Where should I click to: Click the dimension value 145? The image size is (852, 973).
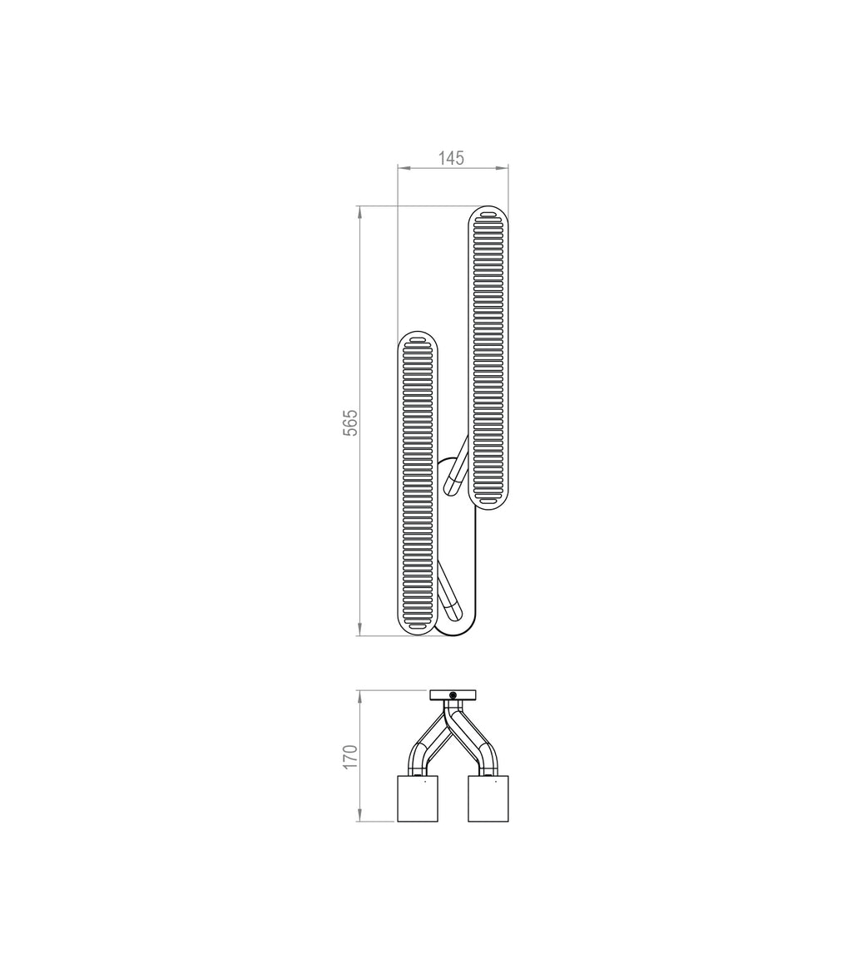click(x=451, y=158)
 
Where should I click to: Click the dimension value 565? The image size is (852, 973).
click(x=350, y=422)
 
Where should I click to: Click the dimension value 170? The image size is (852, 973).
click(x=350, y=756)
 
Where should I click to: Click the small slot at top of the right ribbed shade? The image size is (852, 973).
click(x=488, y=215)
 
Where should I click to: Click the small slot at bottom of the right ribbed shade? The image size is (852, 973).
click(x=488, y=501)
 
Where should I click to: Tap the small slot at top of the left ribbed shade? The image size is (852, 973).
click(x=418, y=340)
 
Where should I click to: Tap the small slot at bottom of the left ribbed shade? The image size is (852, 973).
click(x=418, y=626)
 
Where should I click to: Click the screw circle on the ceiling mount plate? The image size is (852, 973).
click(x=453, y=695)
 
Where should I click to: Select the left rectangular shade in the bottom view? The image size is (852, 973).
click(x=418, y=799)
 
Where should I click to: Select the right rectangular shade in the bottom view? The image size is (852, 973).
click(x=488, y=799)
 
